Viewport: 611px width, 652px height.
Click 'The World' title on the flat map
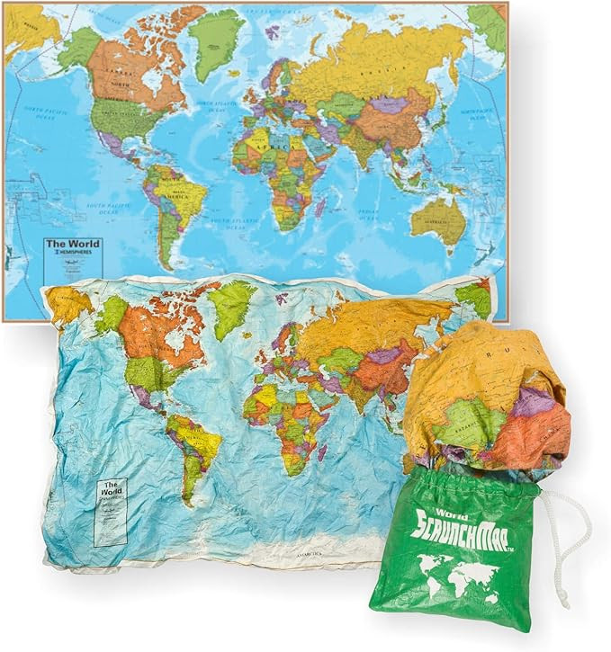74,244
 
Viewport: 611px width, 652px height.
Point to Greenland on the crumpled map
232,306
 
